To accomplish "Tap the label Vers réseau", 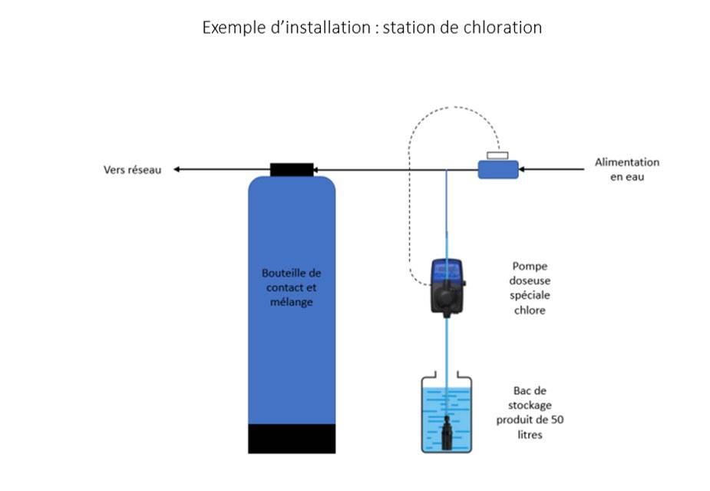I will click(133, 170).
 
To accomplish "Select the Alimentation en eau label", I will click(626, 169).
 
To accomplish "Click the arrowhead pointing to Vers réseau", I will click(177, 169).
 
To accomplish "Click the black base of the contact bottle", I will click(292, 438).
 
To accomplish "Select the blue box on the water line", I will click(497, 169).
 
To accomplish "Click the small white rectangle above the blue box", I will click(497, 156).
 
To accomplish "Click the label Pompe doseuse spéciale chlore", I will click(531, 287).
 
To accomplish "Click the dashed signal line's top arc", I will click(453, 108).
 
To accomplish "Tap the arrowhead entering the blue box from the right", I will click(523, 169).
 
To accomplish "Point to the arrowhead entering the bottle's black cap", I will click(317, 169).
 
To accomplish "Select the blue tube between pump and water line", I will click(446, 215).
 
